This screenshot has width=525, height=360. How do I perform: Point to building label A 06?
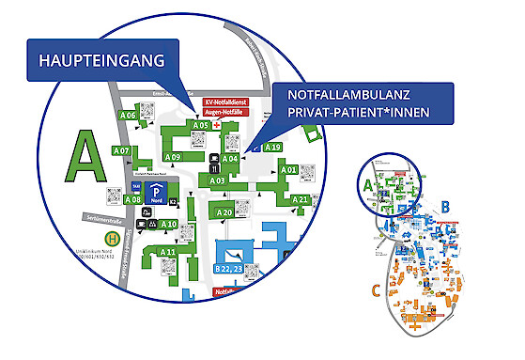127,116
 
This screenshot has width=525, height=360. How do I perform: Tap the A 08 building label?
132,199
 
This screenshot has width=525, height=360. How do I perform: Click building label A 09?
173,156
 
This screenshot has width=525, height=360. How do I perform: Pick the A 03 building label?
217,180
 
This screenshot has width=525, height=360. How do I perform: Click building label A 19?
272,148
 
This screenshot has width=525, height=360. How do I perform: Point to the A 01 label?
289,170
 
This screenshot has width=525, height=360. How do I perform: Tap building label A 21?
300,200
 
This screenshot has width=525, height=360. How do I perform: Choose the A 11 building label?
168,253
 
